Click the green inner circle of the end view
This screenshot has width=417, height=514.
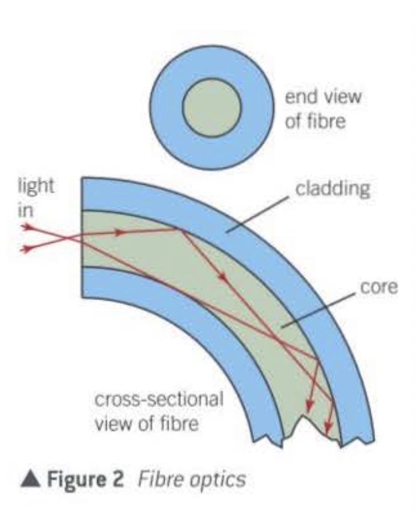point(212,108)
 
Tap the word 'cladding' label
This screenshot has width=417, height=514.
point(332,188)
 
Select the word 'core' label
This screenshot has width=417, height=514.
point(379,287)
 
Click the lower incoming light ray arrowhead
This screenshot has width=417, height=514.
point(26,249)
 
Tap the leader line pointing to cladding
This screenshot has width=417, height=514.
point(257,215)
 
